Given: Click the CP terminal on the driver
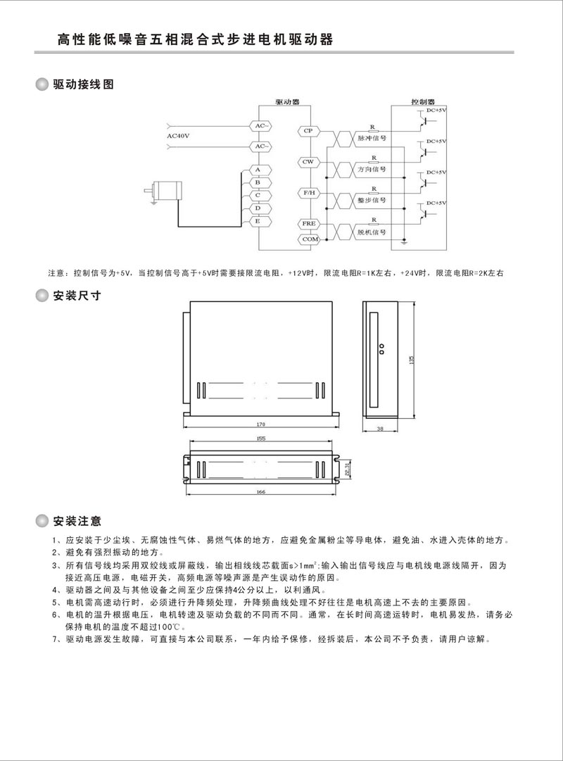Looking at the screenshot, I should coord(308,131).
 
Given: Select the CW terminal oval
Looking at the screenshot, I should coord(308,162).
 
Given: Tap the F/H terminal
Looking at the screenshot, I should coord(308,192).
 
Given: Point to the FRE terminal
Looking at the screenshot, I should coord(308,223).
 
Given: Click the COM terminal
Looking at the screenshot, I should coord(308,239).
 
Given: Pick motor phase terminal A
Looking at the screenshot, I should coord(258,170).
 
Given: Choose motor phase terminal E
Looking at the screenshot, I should coord(258,221).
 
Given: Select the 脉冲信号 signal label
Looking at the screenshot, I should coord(372,139).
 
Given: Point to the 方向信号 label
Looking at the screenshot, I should coord(372,170).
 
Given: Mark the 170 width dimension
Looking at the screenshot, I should coord(261,424).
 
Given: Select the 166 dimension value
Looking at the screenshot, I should coord(261,492).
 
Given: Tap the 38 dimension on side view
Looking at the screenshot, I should coord(381,428).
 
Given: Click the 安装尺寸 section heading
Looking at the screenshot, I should coord(77,296).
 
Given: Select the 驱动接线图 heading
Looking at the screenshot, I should coord(83,84).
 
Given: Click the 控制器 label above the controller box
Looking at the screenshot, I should coord(423,101).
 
